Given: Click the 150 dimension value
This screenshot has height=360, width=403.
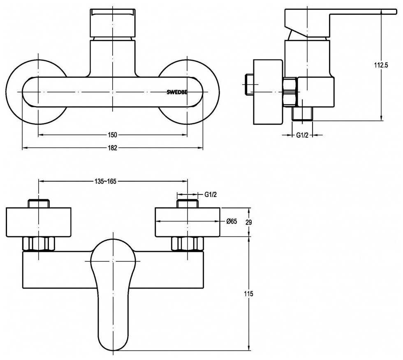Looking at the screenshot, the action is (x=113, y=135).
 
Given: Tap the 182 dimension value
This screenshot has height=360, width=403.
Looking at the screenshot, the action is (x=113, y=148).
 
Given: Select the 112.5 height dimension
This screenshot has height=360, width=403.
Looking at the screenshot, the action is (x=381, y=65).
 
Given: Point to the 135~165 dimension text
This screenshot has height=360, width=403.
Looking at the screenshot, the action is (x=105, y=181).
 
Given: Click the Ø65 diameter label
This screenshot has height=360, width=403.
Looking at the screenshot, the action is (x=232, y=221).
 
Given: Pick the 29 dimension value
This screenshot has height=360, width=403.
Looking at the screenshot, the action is (x=248, y=222).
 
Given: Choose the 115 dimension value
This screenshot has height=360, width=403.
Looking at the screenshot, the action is (x=248, y=293).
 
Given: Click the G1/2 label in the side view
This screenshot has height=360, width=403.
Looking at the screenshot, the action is (x=302, y=135).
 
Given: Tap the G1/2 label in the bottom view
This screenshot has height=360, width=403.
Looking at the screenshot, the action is (x=211, y=195).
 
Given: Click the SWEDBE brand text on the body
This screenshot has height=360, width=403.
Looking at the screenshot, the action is (x=177, y=92).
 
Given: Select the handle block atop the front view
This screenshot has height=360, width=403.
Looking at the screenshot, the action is (x=113, y=23).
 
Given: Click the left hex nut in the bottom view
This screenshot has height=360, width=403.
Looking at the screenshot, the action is (x=39, y=243).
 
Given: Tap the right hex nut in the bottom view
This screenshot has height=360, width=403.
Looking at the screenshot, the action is (x=188, y=243).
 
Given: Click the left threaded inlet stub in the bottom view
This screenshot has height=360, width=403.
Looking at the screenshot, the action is (x=39, y=203).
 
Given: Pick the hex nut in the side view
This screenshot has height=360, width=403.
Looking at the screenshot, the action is (x=290, y=92).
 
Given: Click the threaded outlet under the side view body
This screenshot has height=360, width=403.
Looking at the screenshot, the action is (x=303, y=114).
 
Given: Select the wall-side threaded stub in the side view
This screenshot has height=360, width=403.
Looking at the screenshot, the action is (x=250, y=85).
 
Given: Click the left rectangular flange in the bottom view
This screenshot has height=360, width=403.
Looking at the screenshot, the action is (x=39, y=222).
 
